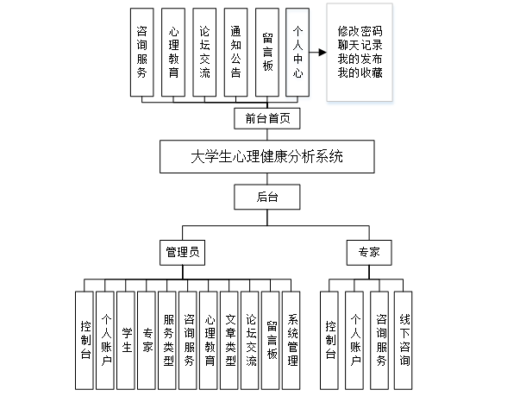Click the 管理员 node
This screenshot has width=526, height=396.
point(182,253)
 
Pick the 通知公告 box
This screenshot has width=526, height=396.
point(236,50)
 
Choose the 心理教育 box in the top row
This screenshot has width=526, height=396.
point(174,50)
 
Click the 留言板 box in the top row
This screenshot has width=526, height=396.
point(267,50)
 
